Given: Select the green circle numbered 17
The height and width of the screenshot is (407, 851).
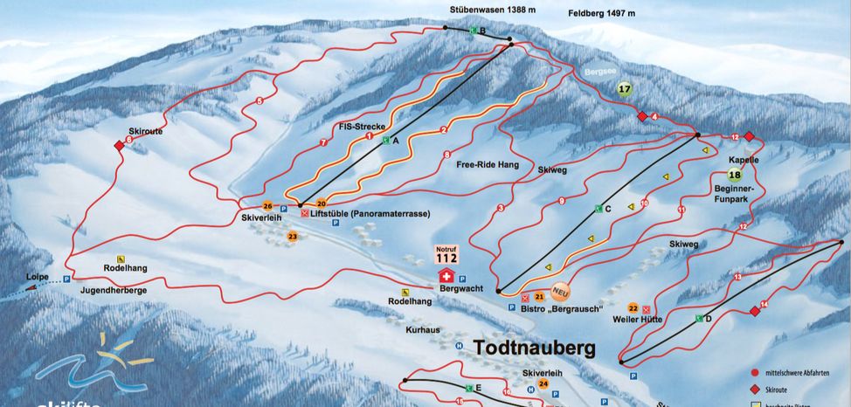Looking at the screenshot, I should pyautogui.click(x=624, y=88).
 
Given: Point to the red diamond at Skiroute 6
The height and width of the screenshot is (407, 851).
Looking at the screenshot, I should pyautogui.click(x=119, y=145).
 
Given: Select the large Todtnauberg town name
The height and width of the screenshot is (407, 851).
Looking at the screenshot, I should pyautogui.click(x=534, y=347).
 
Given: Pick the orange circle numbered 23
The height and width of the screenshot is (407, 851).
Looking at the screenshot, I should pyautogui.click(x=292, y=236).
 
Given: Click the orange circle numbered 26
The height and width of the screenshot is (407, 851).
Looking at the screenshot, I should pyautogui.click(x=267, y=205).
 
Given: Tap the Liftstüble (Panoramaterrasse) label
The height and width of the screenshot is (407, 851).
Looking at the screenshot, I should pyautogui.click(x=359, y=212).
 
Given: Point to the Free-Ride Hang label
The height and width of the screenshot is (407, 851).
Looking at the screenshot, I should pyautogui.click(x=482, y=163).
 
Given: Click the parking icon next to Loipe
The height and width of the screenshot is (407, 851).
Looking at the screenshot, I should pyautogui.click(x=66, y=279).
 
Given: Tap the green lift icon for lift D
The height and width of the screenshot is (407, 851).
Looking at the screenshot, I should pyautogui.click(x=699, y=319).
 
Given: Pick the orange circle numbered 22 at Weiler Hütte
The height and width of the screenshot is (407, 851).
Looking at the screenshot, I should pyautogui.click(x=633, y=308).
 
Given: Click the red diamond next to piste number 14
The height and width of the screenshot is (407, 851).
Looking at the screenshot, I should pyautogui.click(x=753, y=310).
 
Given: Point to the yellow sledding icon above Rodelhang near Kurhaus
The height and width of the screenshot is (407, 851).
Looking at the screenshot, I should pyautogui.click(x=405, y=292).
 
